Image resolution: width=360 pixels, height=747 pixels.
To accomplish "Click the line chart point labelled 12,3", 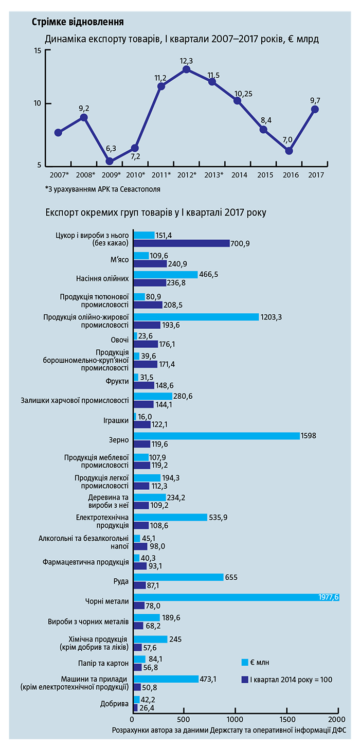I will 187,69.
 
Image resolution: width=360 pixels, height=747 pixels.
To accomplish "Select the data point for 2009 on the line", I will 110,161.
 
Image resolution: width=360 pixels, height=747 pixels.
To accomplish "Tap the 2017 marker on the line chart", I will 315,109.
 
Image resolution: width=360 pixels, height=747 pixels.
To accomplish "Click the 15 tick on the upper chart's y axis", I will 37,50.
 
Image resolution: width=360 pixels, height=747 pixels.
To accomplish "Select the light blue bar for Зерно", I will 217,436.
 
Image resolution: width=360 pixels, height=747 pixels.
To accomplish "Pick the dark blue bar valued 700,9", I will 182,243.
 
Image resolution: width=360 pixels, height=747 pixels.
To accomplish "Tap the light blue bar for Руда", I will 178,577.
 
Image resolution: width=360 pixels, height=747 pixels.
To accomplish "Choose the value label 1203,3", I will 273,317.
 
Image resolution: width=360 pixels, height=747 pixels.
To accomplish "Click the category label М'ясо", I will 119,260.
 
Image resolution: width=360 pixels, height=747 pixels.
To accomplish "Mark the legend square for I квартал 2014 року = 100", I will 245,679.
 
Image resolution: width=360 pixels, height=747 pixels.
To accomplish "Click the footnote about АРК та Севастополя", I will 103,189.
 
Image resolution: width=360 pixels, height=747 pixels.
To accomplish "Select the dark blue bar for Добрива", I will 135,708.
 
